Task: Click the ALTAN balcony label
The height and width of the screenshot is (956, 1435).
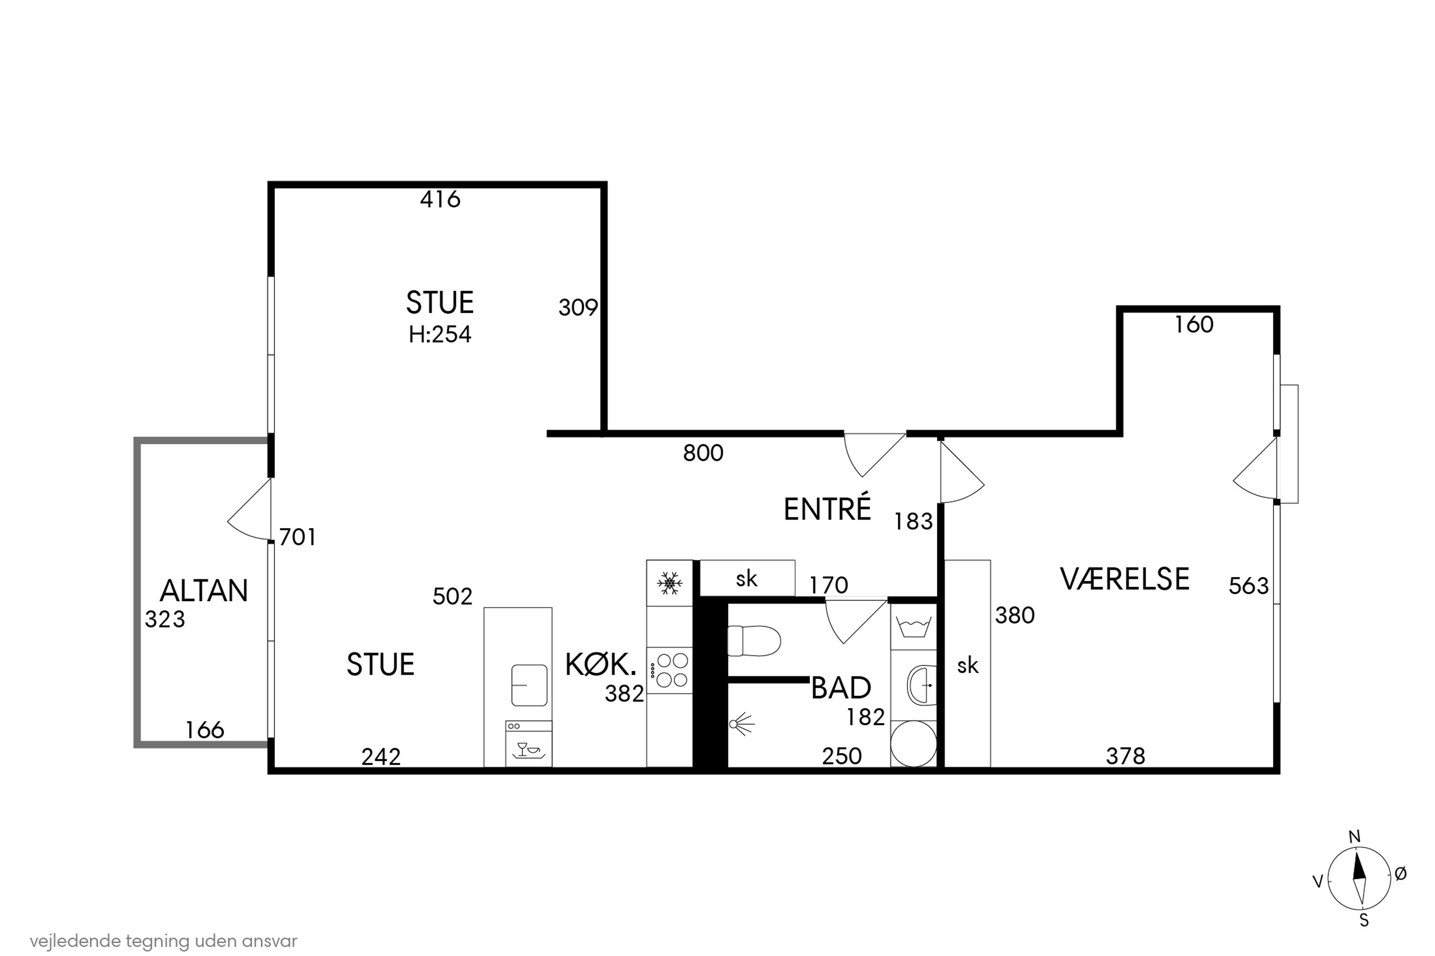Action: coord(204,591)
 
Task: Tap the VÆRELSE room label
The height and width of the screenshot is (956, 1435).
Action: coord(1125,579)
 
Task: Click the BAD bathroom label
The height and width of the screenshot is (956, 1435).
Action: coord(841,688)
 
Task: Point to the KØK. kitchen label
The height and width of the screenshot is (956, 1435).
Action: coord(600,664)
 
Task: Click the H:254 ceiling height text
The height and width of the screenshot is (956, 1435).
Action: coord(440,335)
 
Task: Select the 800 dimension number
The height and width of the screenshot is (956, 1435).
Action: coord(703,453)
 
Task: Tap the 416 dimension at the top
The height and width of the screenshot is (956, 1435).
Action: coord(440,199)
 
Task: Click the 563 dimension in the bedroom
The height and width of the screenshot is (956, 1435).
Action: coord(1248,586)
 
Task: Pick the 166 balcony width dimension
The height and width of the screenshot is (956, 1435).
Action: coord(204,730)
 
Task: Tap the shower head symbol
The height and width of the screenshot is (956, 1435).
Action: coord(740,724)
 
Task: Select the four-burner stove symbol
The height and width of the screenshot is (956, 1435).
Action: coord(670,670)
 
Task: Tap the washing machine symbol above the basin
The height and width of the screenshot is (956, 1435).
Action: coord(913,626)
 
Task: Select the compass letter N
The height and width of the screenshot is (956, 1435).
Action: coord(1354,837)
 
